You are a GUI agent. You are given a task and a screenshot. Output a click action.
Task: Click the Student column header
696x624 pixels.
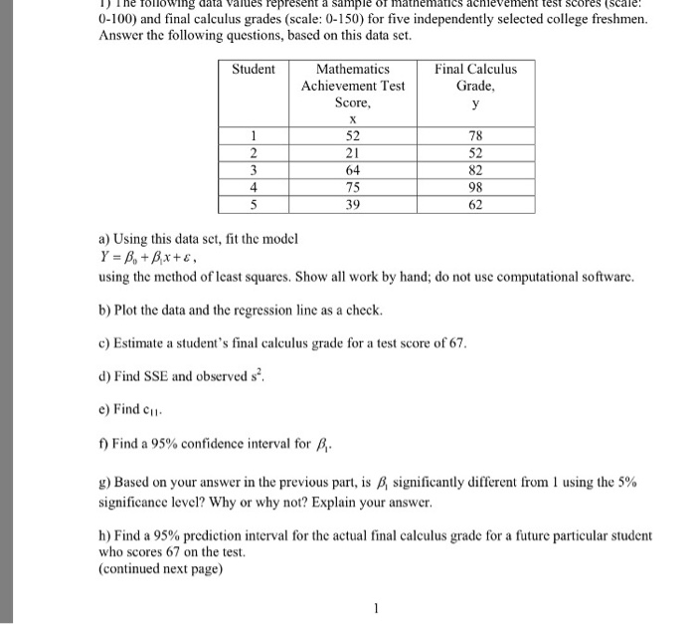coord(253,69)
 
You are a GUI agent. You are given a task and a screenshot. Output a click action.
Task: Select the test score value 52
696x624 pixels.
coord(352,136)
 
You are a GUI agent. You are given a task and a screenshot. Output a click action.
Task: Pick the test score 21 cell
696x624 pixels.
coord(352,153)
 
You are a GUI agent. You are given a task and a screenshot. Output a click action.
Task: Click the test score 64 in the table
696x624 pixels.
coord(352,170)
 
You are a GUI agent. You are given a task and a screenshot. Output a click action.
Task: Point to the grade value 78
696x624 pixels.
coord(475,136)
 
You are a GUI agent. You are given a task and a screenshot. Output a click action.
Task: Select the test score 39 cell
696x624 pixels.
coord(352,204)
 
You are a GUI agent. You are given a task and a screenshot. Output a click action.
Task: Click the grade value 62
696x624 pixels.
coord(475,204)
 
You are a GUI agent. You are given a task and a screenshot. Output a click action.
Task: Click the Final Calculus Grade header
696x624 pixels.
coord(475,77)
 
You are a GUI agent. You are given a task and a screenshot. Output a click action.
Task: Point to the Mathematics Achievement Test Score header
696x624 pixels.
coord(352,86)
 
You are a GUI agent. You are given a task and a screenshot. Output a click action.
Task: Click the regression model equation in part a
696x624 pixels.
coord(149,258)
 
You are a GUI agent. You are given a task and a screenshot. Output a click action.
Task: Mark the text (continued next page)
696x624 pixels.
coord(160,569)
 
